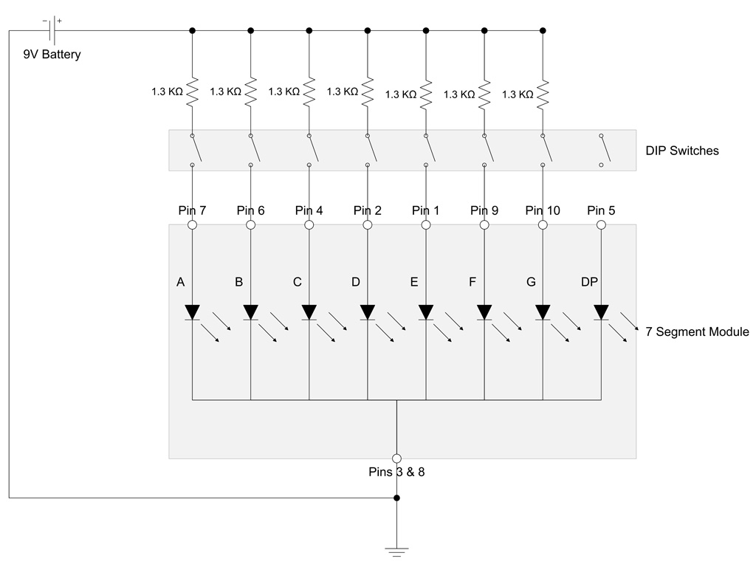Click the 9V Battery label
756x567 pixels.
[x=52, y=54]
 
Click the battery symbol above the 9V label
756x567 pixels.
[x=53, y=30]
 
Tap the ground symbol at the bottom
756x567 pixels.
[x=396, y=552]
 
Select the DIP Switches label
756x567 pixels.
[x=681, y=151]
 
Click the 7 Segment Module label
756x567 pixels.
[x=697, y=331]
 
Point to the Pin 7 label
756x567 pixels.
[x=192, y=210]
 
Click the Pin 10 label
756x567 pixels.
[x=543, y=210]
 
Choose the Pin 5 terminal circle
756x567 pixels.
[x=601, y=224]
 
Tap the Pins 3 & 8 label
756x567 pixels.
[x=396, y=472]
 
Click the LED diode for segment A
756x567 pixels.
[x=193, y=312]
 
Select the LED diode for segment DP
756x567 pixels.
[x=601, y=312]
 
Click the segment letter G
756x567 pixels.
[x=531, y=282]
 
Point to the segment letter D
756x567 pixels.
[x=356, y=282]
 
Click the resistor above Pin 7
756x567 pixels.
[x=193, y=92]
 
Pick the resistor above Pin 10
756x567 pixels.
[x=543, y=94]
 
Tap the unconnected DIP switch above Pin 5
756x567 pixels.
[x=605, y=150]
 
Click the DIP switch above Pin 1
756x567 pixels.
[x=430, y=150]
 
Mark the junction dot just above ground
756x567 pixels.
[x=396, y=498]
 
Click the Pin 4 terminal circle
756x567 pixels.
[x=309, y=224]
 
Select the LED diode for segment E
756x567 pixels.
[x=426, y=312]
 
